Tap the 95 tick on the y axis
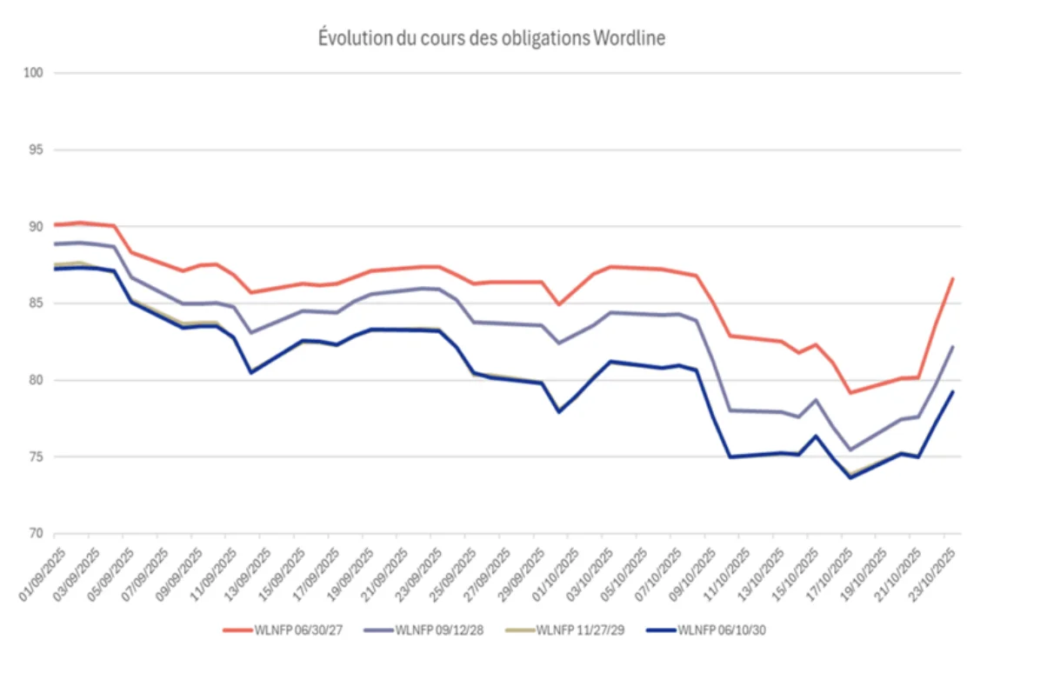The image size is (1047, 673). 37,150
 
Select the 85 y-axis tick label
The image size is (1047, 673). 37,303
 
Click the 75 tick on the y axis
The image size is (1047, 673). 37,457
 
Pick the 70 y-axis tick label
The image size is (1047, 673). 37,534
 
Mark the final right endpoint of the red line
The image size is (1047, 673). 953,278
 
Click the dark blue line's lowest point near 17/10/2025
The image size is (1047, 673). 850,477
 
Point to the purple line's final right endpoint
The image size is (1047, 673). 953,346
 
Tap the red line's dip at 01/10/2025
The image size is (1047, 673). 559,304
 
